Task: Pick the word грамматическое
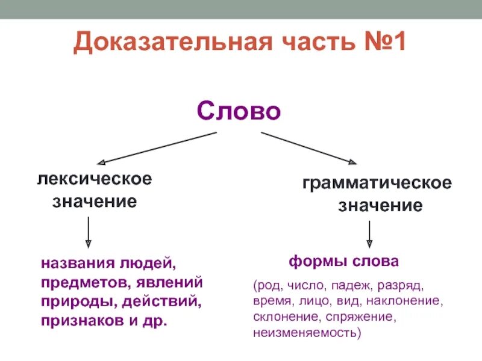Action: tap(377, 183)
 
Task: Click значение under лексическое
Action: tap(94, 201)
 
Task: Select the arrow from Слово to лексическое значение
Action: tap(157, 148)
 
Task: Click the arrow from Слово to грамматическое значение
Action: tap(308, 148)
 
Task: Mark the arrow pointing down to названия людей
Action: tap(89, 232)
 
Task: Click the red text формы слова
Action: tap(343, 262)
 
